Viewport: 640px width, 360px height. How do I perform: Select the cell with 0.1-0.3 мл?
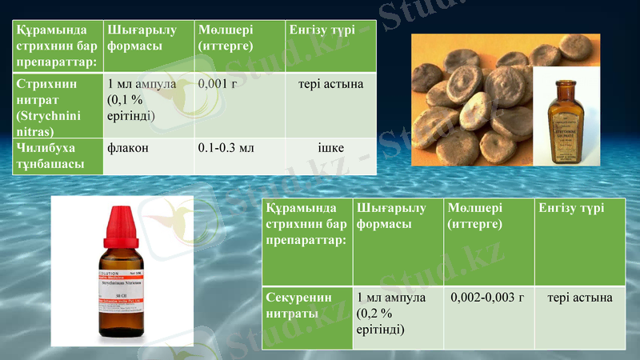(226, 148)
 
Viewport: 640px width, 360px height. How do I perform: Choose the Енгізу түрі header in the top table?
(320, 30)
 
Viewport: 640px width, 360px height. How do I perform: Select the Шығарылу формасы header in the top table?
(134, 38)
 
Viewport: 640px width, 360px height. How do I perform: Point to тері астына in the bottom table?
(580, 298)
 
